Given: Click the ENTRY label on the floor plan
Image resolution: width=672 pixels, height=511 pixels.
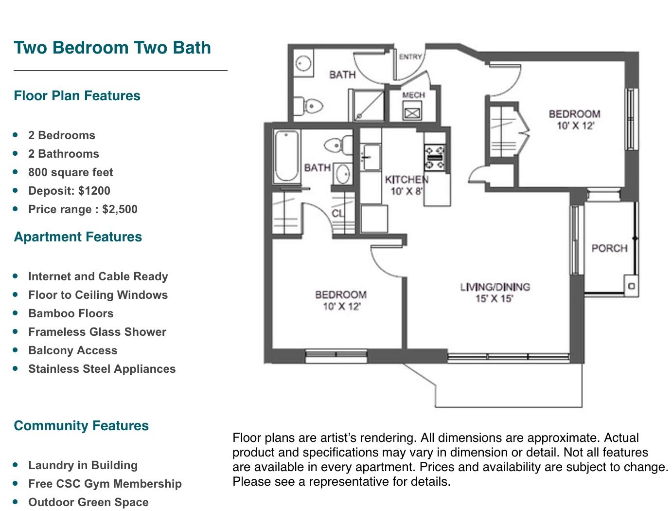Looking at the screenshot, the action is pyautogui.click(x=410, y=57).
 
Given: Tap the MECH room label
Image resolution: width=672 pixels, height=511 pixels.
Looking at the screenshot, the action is pyautogui.click(x=413, y=95).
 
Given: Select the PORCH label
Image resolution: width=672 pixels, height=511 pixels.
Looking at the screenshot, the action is pyautogui.click(x=609, y=248).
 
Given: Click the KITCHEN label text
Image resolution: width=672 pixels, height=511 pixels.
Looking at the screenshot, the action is pyautogui.click(x=407, y=179).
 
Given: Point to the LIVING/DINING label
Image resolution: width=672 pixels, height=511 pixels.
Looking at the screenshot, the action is pyautogui.click(x=495, y=287).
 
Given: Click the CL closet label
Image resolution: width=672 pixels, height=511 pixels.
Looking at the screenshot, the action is pyautogui.click(x=337, y=213).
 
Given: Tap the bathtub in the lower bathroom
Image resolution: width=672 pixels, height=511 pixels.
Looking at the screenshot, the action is pyautogui.click(x=286, y=156).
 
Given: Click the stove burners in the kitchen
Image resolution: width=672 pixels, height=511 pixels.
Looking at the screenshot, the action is pyautogui.click(x=434, y=158).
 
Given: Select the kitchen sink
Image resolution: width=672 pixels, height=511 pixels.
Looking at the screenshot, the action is pyautogui.click(x=371, y=157).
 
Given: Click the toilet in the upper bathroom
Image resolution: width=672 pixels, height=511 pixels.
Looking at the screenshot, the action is pyautogui.click(x=308, y=106).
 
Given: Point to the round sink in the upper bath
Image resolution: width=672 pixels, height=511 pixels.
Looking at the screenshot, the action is pyautogui.click(x=303, y=64).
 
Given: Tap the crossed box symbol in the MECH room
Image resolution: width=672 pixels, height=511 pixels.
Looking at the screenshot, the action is pyautogui.click(x=412, y=113).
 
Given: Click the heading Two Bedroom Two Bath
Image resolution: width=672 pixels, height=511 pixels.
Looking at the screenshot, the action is pyautogui.click(x=112, y=48).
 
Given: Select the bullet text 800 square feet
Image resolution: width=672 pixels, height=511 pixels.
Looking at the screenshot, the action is pyautogui.click(x=71, y=172).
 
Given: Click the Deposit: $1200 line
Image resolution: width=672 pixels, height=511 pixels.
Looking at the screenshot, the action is pyautogui.click(x=69, y=191).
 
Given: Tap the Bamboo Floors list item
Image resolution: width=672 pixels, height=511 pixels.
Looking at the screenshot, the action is pyautogui.click(x=71, y=313).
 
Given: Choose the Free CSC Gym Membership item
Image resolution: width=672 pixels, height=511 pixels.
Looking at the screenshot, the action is pyautogui.click(x=105, y=484).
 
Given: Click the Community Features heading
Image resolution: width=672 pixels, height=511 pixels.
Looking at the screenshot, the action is pyautogui.click(x=81, y=425).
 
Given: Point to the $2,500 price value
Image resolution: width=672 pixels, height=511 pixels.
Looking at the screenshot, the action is pyautogui.click(x=120, y=209).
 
